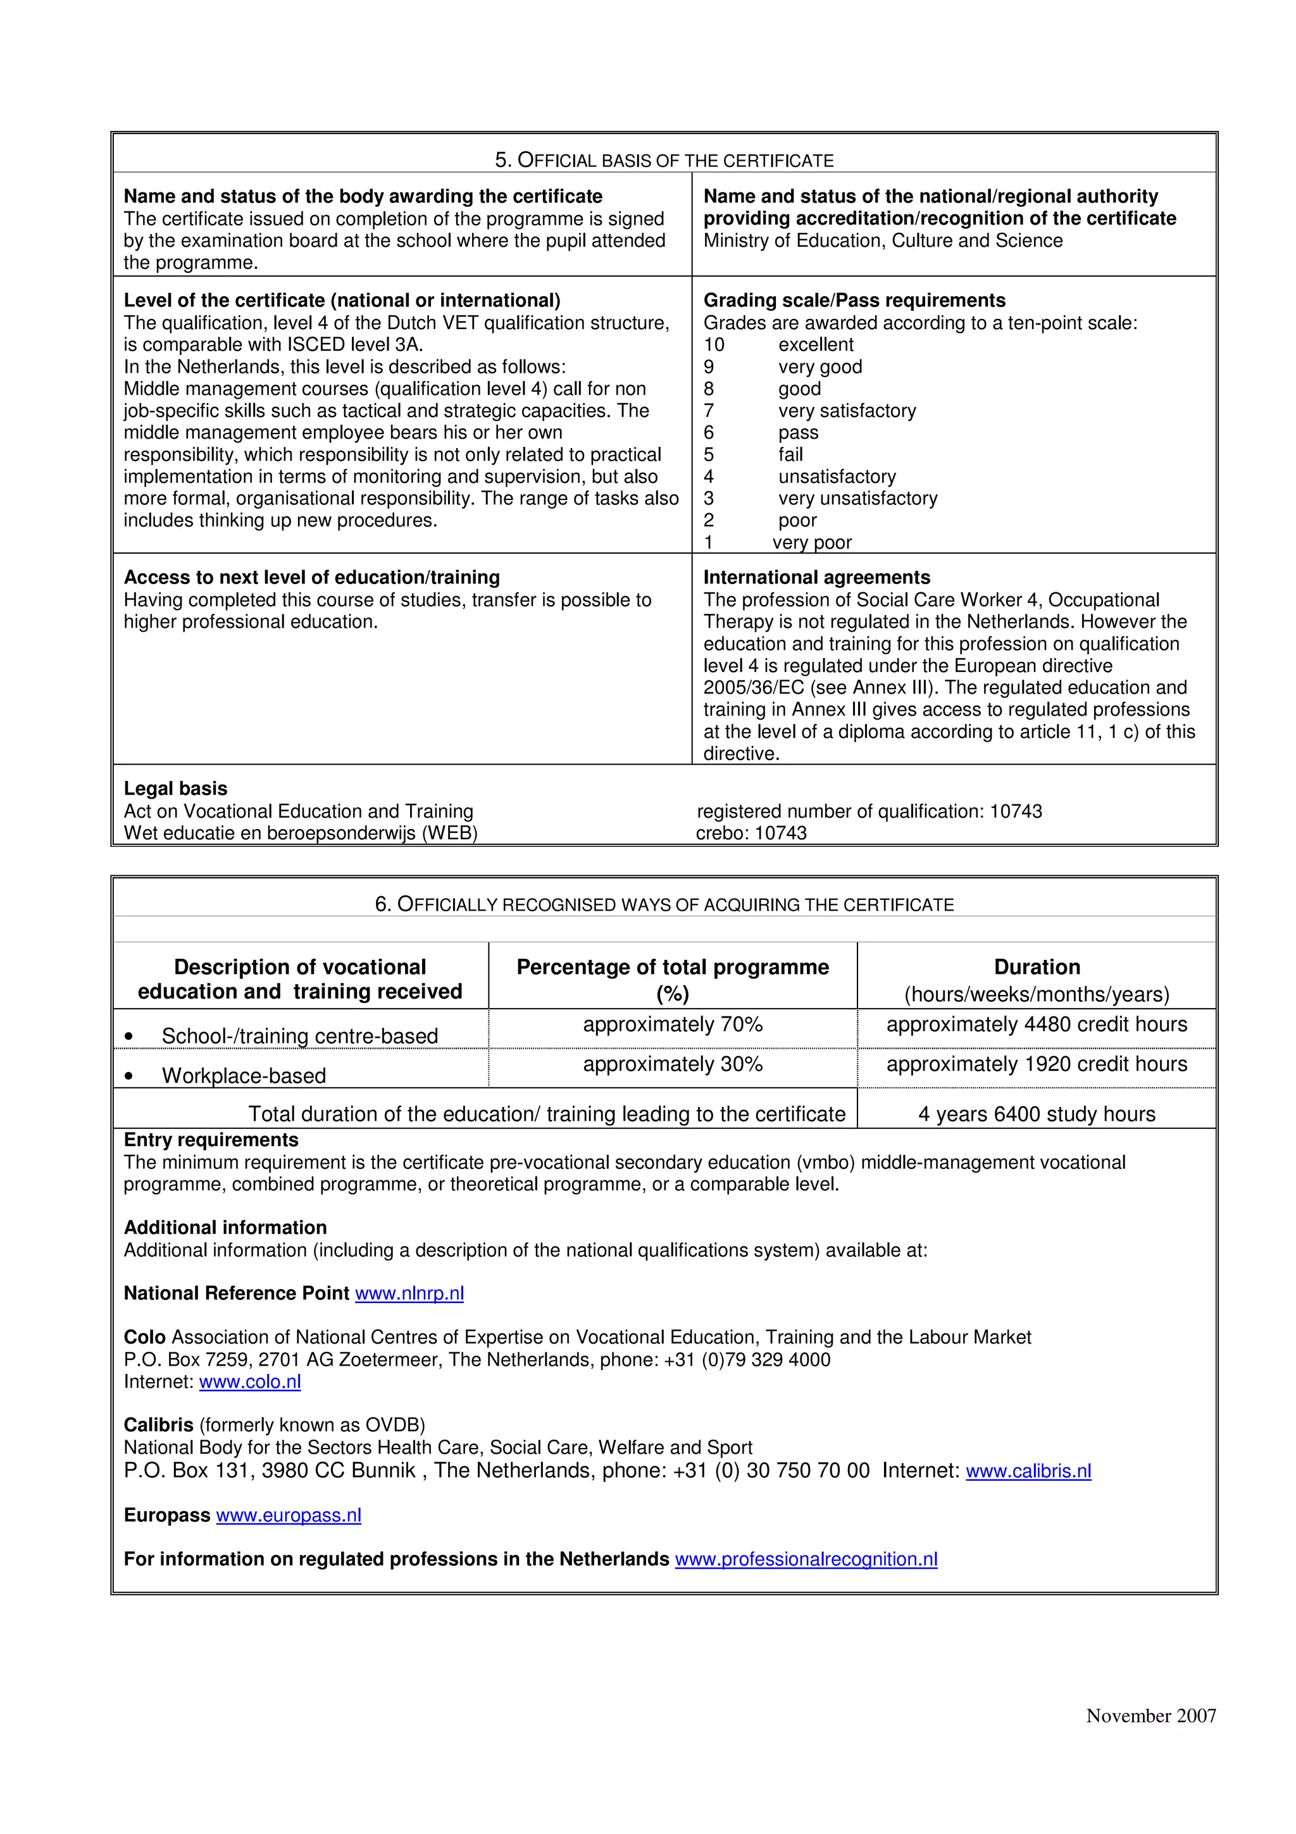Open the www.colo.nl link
[250, 1382]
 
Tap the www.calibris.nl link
[1028, 1471]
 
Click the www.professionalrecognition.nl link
[806, 1559]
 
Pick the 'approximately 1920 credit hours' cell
[1037, 1065]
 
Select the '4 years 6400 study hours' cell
[1037, 1114]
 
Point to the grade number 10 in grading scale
[714, 345]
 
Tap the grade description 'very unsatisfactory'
[857, 499]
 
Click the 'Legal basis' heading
[176, 789]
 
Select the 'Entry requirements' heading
[211, 1140]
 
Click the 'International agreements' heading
[816, 578]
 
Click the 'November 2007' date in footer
[1150, 1716]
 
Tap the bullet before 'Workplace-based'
[129, 1076]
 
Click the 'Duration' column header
[1037, 968]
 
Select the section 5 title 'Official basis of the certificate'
[664, 161]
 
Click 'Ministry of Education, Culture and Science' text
[882, 240]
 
